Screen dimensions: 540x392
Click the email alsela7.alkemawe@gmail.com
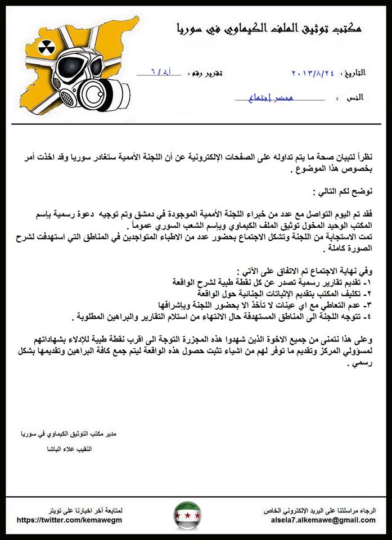pos(320,520)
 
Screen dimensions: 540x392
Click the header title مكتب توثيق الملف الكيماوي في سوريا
pos(267,27)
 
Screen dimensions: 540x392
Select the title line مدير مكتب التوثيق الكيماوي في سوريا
pos(67,435)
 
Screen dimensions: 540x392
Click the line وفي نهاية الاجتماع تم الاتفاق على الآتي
pos(319,269)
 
